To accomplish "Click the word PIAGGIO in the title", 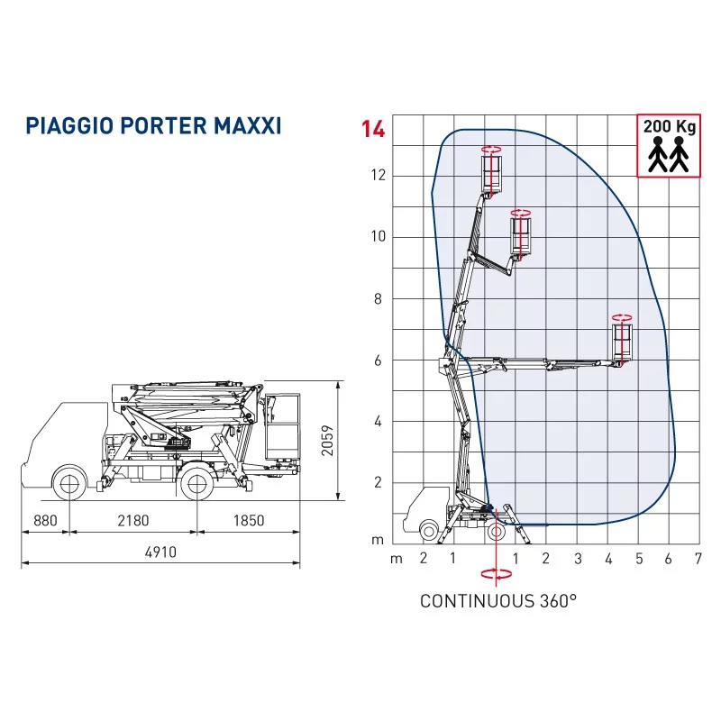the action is [70, 125].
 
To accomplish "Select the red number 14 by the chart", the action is [372, 129].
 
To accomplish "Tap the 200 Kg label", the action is [669, 126].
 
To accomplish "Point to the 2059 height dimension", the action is [327, 441].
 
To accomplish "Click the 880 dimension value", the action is [46, 521].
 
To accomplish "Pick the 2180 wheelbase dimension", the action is [133, 521].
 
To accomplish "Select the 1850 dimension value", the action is [249, 521].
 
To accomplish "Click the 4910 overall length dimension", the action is [160, 552].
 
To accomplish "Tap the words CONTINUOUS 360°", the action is [498, 601].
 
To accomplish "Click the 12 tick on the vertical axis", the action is [379, 175].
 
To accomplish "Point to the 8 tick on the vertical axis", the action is [378, 299].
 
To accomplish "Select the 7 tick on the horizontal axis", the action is [698, 559].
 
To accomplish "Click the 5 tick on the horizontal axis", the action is [639, 559].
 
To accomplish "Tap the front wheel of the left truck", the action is [70, 483].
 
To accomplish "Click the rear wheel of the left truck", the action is [197, 483].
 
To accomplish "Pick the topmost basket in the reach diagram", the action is [491, 174].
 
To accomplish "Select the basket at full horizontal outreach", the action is [622, 342].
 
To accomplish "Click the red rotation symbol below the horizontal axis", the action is [497, 574].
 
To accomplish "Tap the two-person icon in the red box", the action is [669, 154].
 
